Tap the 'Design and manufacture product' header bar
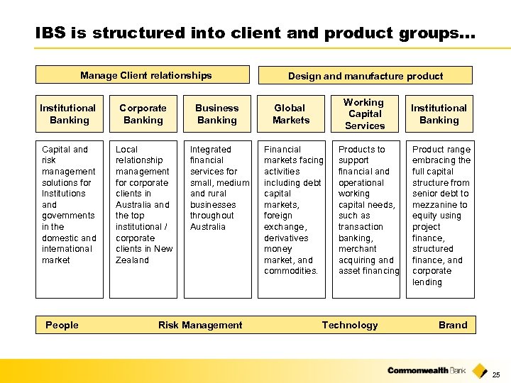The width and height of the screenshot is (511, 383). (366, 76)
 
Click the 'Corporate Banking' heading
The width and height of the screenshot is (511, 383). (143, 114)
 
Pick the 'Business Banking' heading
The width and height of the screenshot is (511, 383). (216, 114)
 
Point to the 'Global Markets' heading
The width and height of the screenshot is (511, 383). (290, 114)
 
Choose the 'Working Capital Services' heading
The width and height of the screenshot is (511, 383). (364, 114)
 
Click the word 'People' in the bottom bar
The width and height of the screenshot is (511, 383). (62, 326)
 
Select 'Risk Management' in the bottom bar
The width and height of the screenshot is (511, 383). (200, 326)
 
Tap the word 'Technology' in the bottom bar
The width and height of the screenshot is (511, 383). (350, 326)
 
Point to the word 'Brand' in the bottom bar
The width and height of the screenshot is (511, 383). (453, 326)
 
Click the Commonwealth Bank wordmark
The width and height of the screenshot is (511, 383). (428, 370)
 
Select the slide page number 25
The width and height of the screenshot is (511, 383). (496, 374)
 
